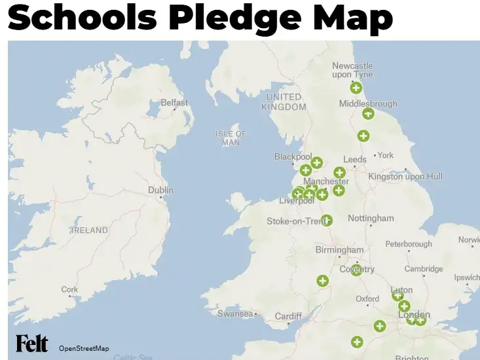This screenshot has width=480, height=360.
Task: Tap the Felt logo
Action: tap(32, 344)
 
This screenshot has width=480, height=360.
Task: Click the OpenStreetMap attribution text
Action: tap(84, 348)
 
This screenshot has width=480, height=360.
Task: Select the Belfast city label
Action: tap(174, 103)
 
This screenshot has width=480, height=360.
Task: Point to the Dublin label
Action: tap(160, 190)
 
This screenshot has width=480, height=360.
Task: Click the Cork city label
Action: tap(69, 289)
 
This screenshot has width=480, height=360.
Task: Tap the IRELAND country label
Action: tap(90, 230)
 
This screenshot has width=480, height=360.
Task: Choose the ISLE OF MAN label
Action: tap(231, 137)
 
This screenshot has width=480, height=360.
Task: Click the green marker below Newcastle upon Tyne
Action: tap(356, 88)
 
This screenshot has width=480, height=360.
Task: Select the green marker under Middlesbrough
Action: tap(369, 114)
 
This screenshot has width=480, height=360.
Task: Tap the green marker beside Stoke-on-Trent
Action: tap(327, 221)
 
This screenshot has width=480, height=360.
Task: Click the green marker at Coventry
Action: tap(356, 270)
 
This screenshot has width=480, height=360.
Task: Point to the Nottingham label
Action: tap(371, 218)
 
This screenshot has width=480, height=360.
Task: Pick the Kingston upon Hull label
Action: tap(405, 176)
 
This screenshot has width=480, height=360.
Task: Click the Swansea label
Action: tap(235, 314)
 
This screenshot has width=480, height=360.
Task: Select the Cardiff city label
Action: tap(288, 316)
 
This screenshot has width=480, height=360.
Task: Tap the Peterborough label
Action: tap(409, 244)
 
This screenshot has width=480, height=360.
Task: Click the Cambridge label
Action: tap(424, 269)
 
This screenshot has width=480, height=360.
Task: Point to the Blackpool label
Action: tap(293, 157)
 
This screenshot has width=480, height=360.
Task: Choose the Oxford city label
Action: tap(367, 299)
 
